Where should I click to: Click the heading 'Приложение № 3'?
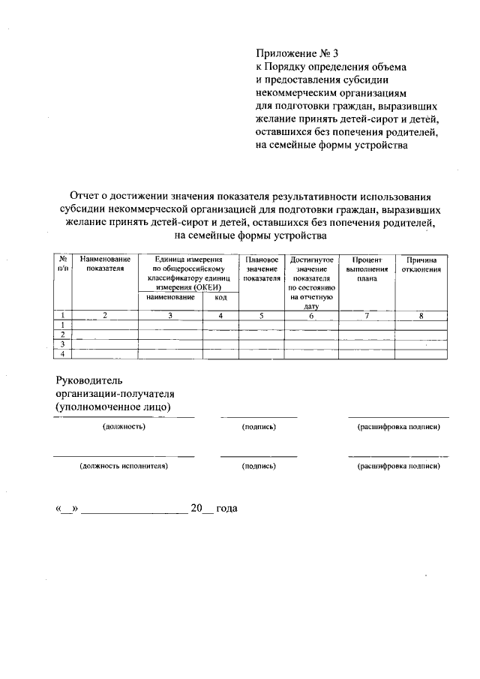pos(298,53)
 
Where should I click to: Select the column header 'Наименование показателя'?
pos(105,263)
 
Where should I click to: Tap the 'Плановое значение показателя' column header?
pos(262,268)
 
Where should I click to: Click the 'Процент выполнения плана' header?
pos(367,268)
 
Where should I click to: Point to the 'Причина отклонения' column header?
pos(421,263)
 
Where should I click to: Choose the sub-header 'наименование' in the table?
pos(170,298)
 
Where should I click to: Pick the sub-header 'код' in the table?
pos(220,298)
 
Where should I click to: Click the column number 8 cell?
pos(421,316)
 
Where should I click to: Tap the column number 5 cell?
pos(262,316)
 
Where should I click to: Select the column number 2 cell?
pos(105,316)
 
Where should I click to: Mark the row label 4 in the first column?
pos(63,353)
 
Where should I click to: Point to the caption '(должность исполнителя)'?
pos(124,466)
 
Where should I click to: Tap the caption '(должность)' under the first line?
pos(124,427)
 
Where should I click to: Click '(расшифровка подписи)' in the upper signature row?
pos(398,427)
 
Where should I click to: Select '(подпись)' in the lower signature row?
pos(259,466)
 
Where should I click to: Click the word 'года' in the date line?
pos(226,509)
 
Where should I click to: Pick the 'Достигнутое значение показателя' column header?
pos(313,281)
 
